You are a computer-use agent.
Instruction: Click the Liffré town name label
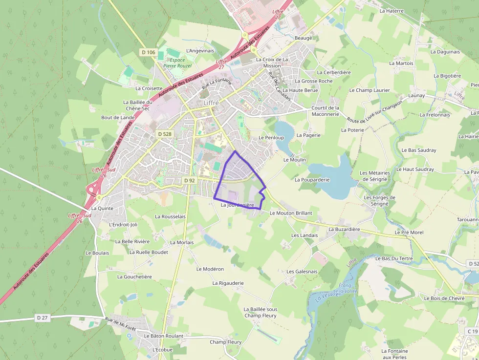click(211, 104)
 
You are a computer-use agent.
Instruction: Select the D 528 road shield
click(165, 133)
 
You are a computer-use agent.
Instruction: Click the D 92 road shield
click(190, 180)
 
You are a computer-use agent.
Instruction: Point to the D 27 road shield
click(43, 318)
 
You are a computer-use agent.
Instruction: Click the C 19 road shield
click(472, 331)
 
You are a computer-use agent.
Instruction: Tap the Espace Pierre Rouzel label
click(177, 63)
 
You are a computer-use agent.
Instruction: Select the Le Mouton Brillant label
click(291, 213)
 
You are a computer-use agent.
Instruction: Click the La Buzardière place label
click(344, 229)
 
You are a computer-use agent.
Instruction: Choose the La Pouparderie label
click(312, 180)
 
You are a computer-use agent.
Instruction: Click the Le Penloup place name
click(271, 138)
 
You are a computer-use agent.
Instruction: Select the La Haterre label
click(392, 10)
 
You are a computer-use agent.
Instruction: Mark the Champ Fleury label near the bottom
click(225, 342)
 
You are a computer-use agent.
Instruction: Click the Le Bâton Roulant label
click(163, 336)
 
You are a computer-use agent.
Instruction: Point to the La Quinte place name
click(102, 208)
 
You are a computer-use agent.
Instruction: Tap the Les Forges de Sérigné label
click(380, 200)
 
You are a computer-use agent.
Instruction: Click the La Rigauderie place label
click(228, 283)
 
